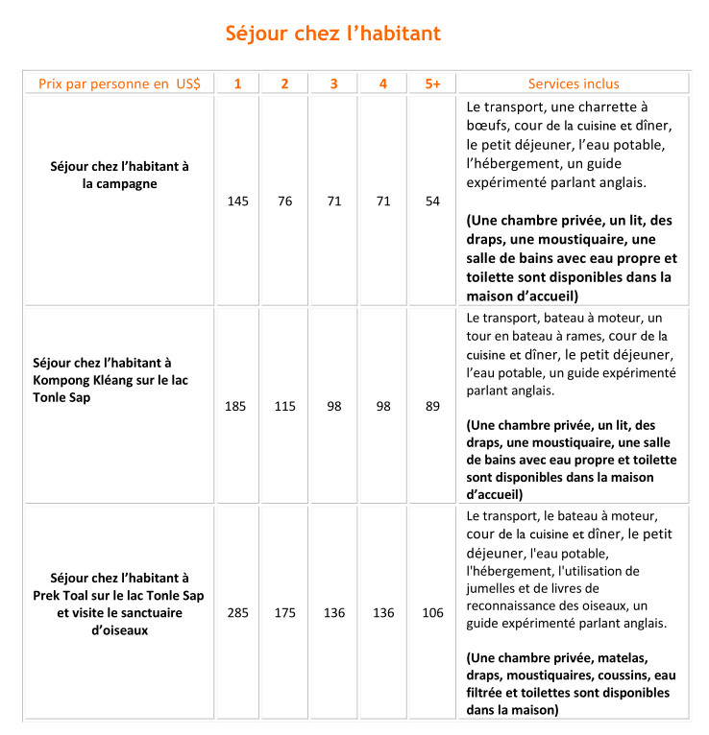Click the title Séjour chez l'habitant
tap(332, 34)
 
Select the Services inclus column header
tap(574, 83)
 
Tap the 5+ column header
tap(432, 83)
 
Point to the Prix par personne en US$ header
tap(119, 83)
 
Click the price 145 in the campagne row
tap(237, 202)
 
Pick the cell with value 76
tap(284, 202)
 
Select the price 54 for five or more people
tap(432, 202)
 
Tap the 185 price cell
tap(235, 406)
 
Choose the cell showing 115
tap(285, 406)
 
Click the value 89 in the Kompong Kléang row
tap(432, 406)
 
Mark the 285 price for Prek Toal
tap(236, 612)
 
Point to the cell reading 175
tap(285, 612)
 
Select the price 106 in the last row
tap(432, 612)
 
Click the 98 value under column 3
tap(334, 406)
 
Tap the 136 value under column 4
tap(383, 612)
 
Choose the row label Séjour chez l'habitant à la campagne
tap(119, 175)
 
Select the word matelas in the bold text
tap(623, 658)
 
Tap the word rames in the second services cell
tap(608, 336)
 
